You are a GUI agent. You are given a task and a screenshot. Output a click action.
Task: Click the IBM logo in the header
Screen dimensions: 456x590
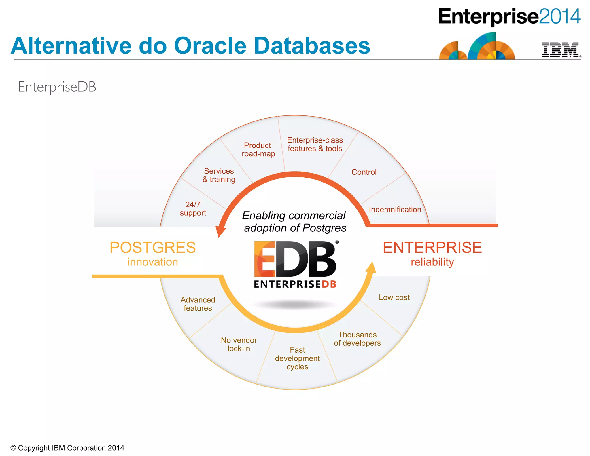click(x=560, y=50)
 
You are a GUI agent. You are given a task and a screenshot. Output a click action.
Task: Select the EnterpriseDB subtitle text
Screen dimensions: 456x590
click(x=57, y=87)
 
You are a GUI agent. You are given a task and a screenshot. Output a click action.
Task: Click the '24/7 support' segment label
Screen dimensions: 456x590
click(x=193, y=209)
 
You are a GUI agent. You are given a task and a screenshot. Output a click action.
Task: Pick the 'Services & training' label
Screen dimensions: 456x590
click(x=219, y=175)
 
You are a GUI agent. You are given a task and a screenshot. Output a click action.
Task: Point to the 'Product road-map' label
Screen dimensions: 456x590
click(x=258, y=149)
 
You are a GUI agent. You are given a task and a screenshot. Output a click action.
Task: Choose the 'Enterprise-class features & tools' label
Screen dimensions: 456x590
click(x=315, y=144)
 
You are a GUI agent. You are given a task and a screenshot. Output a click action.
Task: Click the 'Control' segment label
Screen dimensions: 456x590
click(x=364, y=172)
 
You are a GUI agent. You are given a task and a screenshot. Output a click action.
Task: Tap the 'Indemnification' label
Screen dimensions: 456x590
click(x=395, y=210)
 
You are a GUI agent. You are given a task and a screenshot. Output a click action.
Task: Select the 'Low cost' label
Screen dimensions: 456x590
click(x=394, y=297)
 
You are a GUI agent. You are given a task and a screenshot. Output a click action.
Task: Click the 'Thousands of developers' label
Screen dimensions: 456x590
click(x=357, y=339)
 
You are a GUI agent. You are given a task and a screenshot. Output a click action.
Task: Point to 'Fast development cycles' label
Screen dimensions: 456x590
click(x=297, y=358)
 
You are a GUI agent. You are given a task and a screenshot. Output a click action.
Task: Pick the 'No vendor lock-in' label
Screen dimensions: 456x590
click(x=239, y=344)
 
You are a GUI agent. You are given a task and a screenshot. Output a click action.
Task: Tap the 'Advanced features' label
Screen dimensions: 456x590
click(x=198, y=304)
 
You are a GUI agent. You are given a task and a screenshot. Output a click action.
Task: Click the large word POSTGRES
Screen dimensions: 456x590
click(x=153, y=248)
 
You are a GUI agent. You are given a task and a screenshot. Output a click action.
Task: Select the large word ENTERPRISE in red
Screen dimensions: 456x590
click(x=432, y=248)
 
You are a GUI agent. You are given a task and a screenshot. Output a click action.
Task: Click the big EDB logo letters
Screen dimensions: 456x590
click(x=295, y=259)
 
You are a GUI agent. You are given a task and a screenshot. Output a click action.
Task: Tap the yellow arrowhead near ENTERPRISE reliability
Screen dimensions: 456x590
click(x=371, y=267)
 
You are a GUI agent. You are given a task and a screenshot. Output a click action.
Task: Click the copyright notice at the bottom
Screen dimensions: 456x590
click(x=67, y=448)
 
